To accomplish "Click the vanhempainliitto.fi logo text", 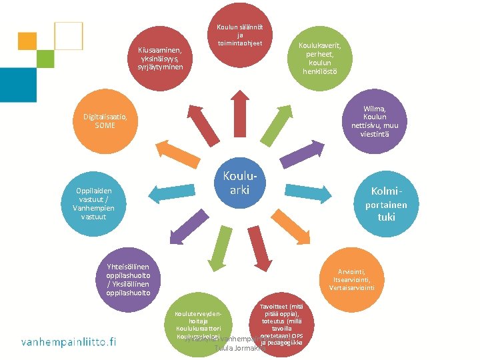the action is [x=69, y=342].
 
